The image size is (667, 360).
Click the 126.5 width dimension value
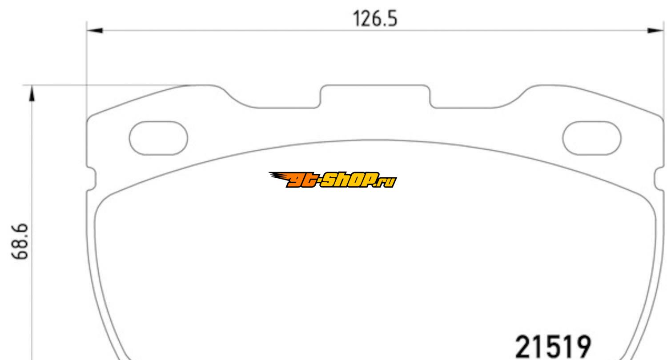tap(375, 19)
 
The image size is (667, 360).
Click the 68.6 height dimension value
tap(20, 242)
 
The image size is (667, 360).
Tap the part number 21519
tap(553, 347)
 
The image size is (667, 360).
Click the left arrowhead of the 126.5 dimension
tap(95, 30)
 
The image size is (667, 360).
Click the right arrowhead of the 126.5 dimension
tap(655, 30)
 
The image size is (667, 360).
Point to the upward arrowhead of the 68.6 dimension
tap(32, 93)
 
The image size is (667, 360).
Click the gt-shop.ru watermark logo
tap(333, 180)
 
